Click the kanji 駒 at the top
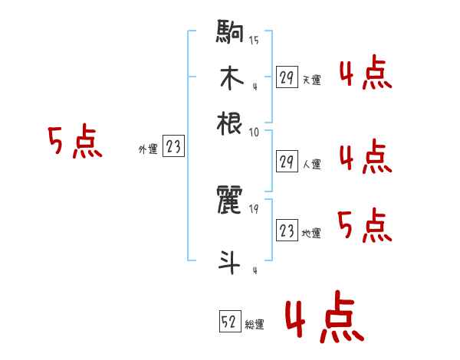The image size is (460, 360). point(230,34)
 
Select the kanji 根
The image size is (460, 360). point(230,122)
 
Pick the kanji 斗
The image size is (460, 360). point(230,262)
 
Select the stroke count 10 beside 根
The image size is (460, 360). point(254,132)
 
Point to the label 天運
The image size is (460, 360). point(311,79)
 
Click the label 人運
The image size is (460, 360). point(312,163)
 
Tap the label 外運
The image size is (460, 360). point(148,149)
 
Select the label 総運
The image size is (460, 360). point(255,325)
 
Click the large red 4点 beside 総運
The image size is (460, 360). point(321,319)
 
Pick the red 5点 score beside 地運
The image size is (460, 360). point(365,227)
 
